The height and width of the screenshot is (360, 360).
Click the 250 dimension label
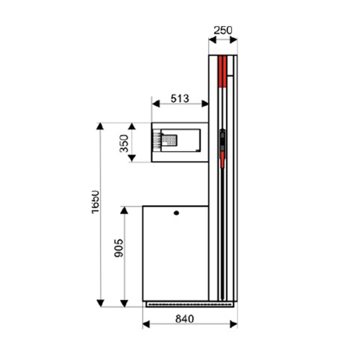click(x=223, y=30)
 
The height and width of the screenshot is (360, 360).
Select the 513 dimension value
click(x=180, y=99)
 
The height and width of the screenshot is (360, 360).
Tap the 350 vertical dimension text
click(x=124, y=144)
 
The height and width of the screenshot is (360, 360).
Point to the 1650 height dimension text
click(x=95, y=202)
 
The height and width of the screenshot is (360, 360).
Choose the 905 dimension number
click(x=119, y=248)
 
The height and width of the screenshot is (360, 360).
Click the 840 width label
click(x=185, y=319)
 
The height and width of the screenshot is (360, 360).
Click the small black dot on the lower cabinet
click(x=176, y=213)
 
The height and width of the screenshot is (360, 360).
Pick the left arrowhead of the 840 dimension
click(x=146, y=324)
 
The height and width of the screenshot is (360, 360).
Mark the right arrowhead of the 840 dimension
click(x=234, y=324)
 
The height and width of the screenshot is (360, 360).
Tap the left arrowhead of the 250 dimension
click(x=212, y=40)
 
